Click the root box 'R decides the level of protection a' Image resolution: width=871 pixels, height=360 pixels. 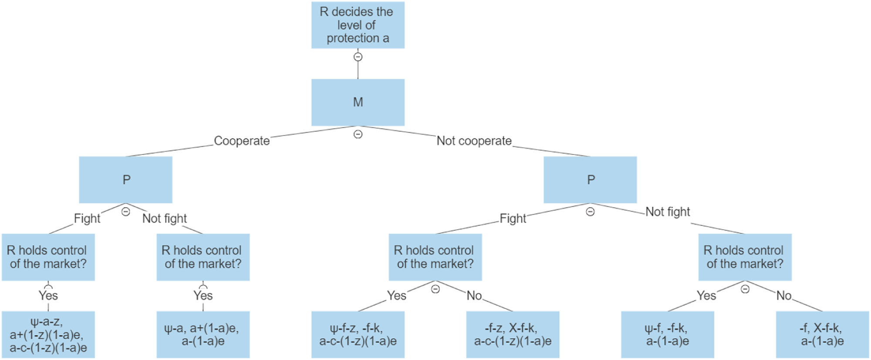click(358, 25)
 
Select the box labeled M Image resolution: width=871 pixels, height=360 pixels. click(358, 102)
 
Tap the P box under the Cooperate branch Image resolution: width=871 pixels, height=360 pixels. click(125, 180)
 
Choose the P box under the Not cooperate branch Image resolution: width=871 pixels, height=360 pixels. click(590, 180)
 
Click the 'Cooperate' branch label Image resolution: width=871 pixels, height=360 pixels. click(242, 141)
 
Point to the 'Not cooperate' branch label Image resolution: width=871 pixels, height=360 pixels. click(474, 141)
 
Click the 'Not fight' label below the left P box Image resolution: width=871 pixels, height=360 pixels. click(164, 218)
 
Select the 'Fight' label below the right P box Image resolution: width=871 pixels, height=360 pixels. click(513, 218)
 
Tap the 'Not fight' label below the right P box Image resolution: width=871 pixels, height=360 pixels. click(667, 212)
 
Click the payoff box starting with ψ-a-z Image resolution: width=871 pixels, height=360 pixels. click(48, 335)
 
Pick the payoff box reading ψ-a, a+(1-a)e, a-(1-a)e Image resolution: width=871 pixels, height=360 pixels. click(203, 335)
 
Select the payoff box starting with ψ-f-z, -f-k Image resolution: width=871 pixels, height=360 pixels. click(358, 335)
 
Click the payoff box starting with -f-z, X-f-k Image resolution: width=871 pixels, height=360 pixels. click(513, 335)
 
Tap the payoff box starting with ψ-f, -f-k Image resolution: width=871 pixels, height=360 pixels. click(667, 335)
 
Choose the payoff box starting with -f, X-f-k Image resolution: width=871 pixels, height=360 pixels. click(822, 335)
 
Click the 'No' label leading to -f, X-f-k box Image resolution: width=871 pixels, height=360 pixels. click(783, 296)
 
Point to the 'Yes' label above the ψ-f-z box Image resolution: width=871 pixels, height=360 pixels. click(396, 296)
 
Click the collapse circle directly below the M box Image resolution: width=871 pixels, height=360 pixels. click(358, 134)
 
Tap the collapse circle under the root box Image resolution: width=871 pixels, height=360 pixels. click(358, 57)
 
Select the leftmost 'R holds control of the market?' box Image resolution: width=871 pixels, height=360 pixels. click(48, 257)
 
